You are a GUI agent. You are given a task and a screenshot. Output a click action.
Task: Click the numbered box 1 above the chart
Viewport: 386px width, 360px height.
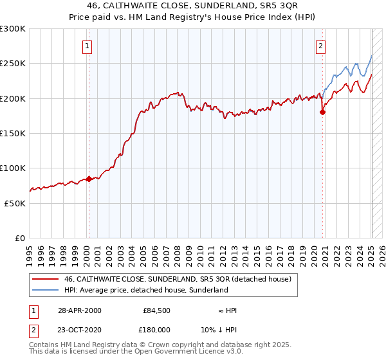86,46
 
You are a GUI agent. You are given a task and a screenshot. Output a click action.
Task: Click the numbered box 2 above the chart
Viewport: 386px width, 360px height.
320,46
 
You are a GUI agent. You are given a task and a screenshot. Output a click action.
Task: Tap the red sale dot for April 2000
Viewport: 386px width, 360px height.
89,179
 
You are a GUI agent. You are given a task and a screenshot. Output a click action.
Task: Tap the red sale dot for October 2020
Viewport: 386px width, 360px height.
323,112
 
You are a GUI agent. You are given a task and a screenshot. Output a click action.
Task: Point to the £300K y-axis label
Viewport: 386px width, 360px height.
13,29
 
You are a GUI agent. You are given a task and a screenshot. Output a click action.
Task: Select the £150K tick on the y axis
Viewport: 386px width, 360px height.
13,133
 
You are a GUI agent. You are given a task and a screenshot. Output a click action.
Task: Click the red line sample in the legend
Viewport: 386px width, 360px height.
44,279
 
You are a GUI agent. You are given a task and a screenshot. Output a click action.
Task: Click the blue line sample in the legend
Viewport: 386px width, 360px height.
44,290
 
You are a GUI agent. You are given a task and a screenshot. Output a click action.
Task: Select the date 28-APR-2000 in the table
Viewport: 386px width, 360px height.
79,310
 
